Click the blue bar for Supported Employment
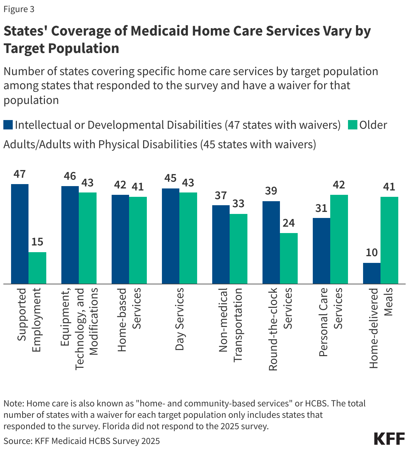[x=20, y=234]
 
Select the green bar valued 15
[x=37, y=268]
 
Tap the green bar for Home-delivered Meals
[x=389, y=240]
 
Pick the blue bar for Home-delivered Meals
[x=372, y=273]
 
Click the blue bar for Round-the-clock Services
[x=271, y=242]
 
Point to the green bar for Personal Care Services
[x=339, y=239]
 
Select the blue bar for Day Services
[x=171, y=236]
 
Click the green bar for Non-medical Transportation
[x=238, y=249]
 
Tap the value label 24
[x=288, y=223]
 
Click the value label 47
[x=20, y=174]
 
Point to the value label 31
[x=321, y=208]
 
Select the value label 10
[x=371, y=252]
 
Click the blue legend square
[x=8, y=125]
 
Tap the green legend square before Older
[x=352, y=125]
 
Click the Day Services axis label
[x=180, y=319]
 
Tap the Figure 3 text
[x=19, y=9]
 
